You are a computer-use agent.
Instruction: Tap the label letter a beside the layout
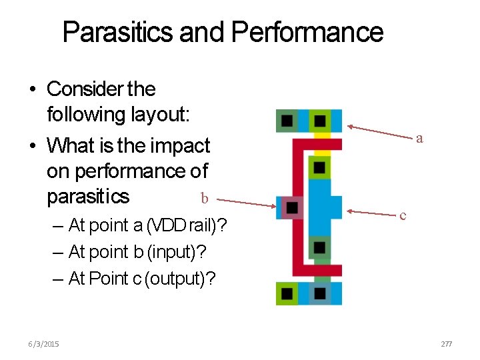coord(419,139)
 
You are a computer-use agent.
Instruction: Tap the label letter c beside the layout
coord(403,215)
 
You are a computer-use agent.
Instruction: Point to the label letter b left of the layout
coord(205,198)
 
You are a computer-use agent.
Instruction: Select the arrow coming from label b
coord(247,201)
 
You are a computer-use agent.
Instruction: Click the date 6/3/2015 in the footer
coord(43,344)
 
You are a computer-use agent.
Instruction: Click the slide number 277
coord(446,344)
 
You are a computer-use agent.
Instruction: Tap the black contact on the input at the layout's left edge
coord(292,207)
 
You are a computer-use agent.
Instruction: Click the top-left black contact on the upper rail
coord(287,121)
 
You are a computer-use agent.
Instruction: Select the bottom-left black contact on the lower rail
coord(287,293)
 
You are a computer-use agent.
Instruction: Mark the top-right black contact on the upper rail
coord(320,121)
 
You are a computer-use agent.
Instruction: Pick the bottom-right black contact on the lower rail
coord(320,293)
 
